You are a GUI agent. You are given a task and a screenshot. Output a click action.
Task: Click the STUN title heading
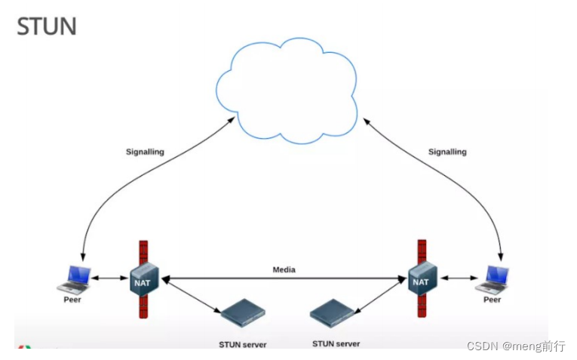click(47, 26)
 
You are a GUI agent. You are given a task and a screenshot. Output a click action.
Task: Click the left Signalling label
click(145, 152)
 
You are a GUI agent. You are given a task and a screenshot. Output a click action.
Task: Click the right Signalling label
click(447, 152)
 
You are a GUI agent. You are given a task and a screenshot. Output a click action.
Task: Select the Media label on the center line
click(284, 269)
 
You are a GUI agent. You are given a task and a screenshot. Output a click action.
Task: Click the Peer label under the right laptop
click(492, 300)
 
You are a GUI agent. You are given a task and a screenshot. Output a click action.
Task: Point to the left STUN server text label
click(242, 345)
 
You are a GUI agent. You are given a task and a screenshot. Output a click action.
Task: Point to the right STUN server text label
click(336, 343)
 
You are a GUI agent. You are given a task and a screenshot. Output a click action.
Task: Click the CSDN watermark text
click(516, 346)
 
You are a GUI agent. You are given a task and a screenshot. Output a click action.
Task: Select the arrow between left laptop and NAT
click(110, 278)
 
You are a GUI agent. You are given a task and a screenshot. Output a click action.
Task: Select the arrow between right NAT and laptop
click(457, 278)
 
